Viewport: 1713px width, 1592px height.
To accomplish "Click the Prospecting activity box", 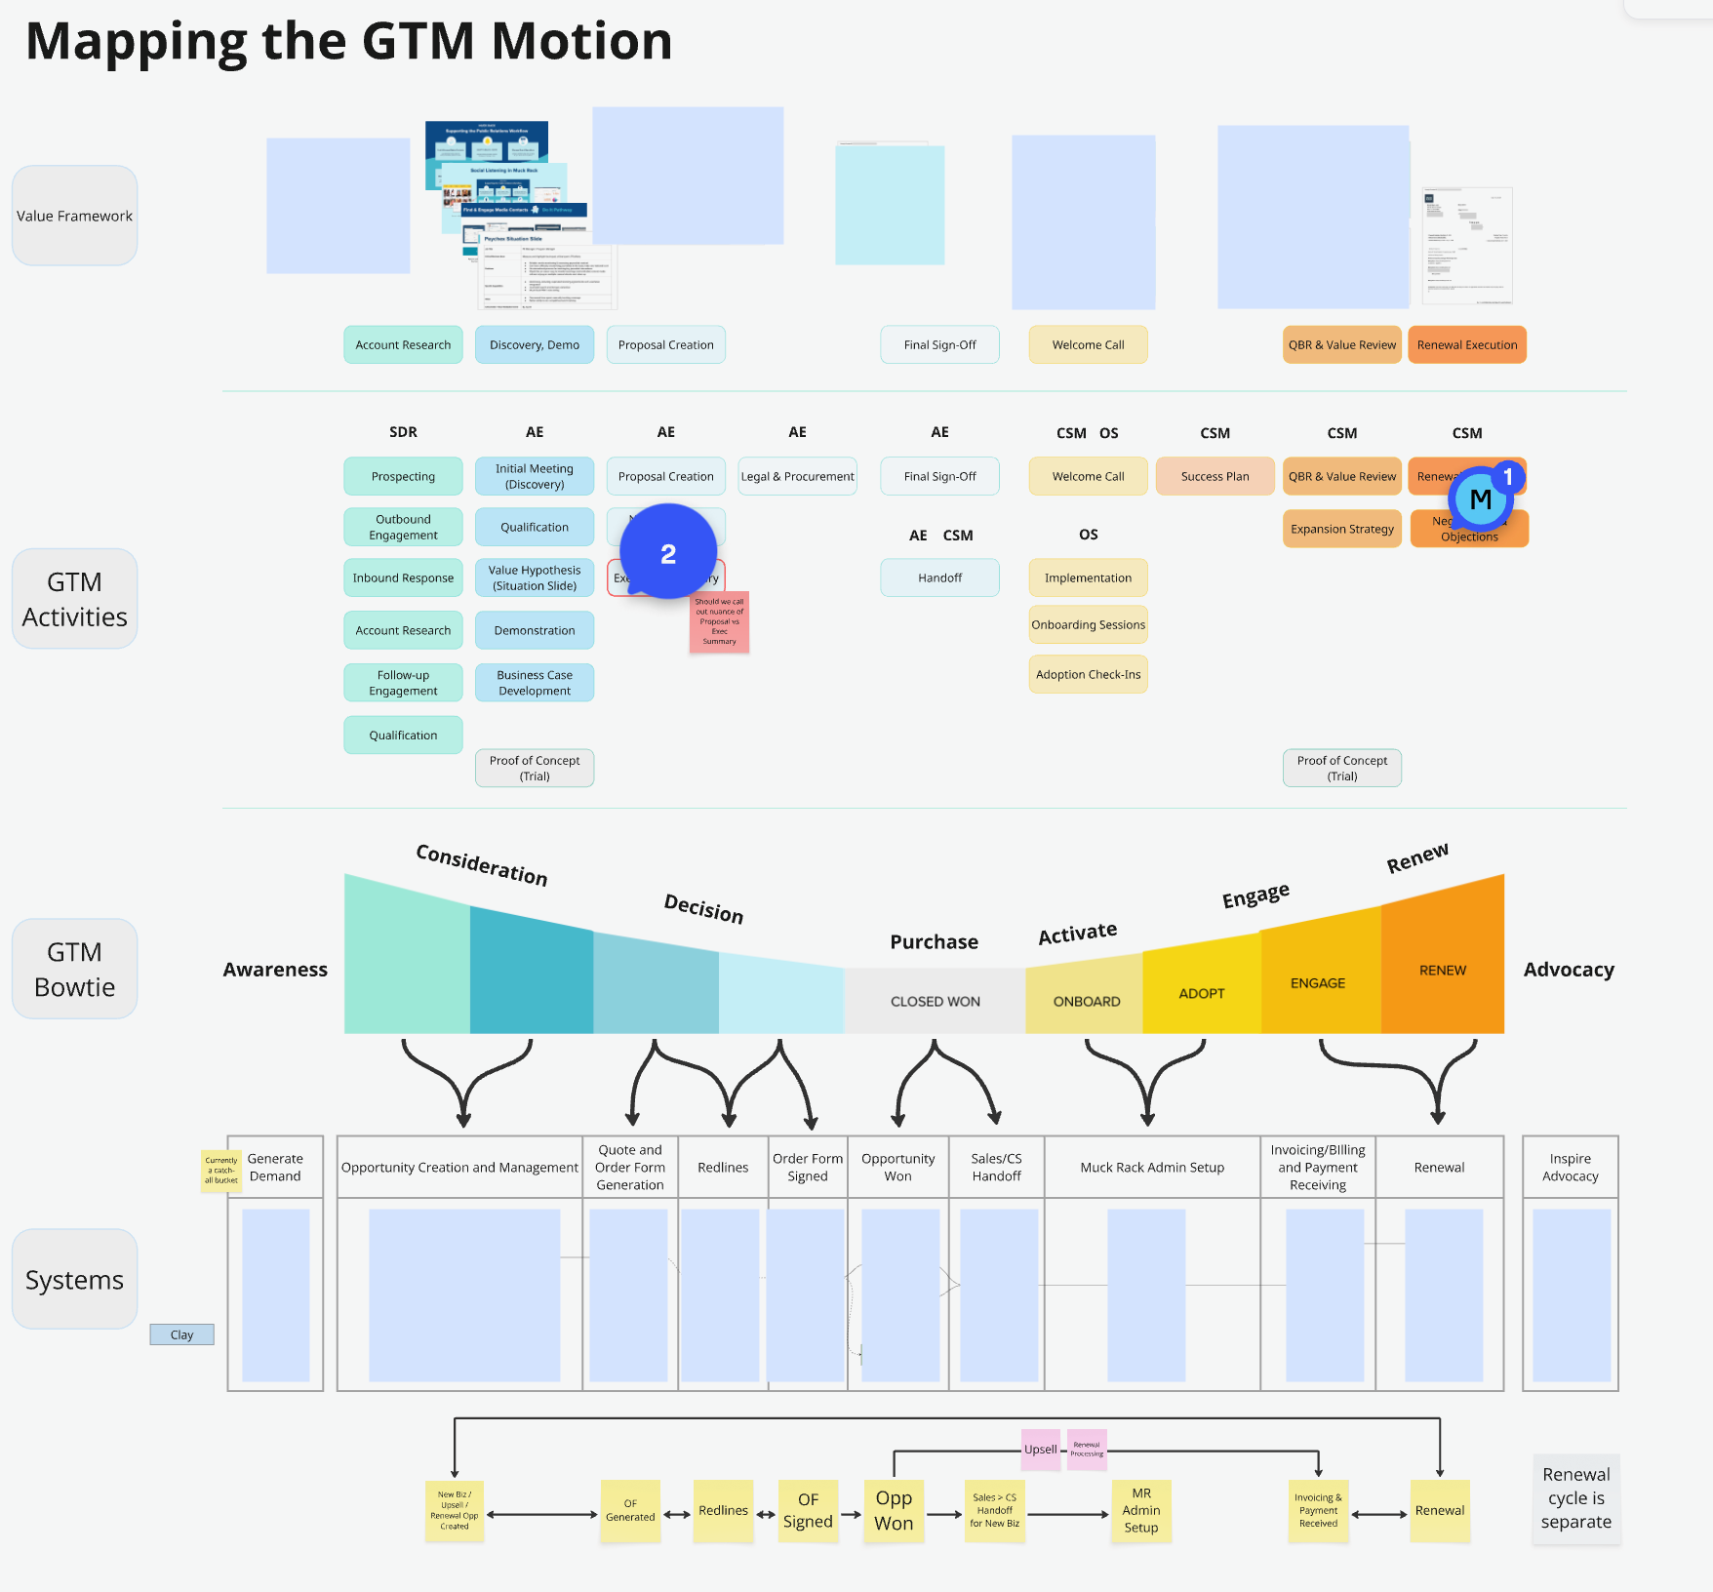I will pyautogui.click(x=403, y=476).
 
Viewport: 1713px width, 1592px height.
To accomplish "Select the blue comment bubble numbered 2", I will pyautogui.click(x=668, y=553).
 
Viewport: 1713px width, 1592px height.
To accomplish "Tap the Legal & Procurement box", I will pyautogui.click(x=797, y=476).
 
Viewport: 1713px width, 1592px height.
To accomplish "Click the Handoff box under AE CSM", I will pyautogui.click(x=939, y=577).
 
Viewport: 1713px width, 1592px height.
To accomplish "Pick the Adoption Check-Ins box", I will pyautogui.click(x=1088, y=674).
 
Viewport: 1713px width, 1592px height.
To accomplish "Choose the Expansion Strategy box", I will pyautogui.click(x=1341, y=529).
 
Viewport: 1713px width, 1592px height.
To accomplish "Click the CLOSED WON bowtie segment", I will pyautogui.click(x=935, y=1001).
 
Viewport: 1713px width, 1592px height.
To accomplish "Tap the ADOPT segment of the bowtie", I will pyautogui.click(x=1201, y=993).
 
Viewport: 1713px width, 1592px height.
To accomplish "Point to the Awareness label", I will pyautogui.click(x=275, y=970).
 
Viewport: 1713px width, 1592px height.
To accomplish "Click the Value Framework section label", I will pyautogui.click(x=74, y=216).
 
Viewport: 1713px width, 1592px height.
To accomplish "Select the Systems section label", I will pyautogui.click(x=74, y=1280).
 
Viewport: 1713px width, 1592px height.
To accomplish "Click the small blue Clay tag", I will pyautogui.click(x=181, y=1334).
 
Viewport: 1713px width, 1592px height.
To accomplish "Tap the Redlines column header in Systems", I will pyautogui.click(x=723, y=1167).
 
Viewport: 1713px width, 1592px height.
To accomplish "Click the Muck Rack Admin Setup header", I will pyautogui.click(x=1151, y=1167).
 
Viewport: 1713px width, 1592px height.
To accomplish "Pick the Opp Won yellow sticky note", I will pyautogui.click(x=893, y=1510).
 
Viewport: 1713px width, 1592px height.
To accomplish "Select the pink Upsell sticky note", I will pyautogui.click(x=1040, y=1449).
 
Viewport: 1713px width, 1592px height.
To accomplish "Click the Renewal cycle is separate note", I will pyautogui.click(x=1575, y=1498).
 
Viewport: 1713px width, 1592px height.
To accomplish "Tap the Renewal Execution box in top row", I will pyautogui.click(x=1466, y=344).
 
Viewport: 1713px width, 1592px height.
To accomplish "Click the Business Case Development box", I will pyautogui.click(x=535, y=683).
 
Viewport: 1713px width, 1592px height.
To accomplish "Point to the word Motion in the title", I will pyautogui.click(x=581, y=41).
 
